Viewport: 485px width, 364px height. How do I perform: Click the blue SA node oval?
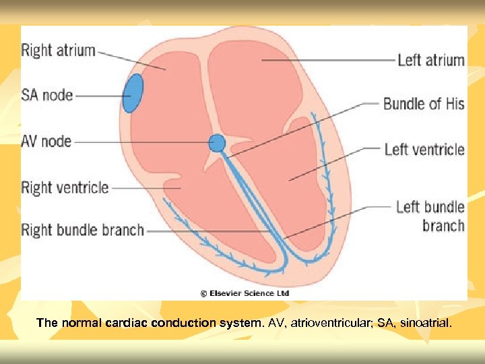coord(133,93)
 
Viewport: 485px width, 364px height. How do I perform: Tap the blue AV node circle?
coord(217,143)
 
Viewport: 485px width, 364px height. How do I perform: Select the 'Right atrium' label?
coord(59,50)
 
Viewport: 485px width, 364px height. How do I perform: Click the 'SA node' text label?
coord(47,95)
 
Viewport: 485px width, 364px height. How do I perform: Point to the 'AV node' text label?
coord(46,142)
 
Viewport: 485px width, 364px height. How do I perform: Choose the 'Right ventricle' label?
coord(65,187)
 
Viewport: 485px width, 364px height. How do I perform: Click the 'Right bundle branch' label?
coord(83,230)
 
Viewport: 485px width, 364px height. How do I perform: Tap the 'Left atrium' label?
coord(431,60)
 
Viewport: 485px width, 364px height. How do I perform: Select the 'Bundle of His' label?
coord(424,104)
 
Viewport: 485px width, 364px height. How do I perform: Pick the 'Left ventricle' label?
coord(424,149)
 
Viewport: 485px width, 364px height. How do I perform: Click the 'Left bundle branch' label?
coord(430,216)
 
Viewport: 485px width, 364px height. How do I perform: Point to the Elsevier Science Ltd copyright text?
coord(245,293)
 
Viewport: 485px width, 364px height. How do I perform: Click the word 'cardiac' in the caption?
coord(127,323)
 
